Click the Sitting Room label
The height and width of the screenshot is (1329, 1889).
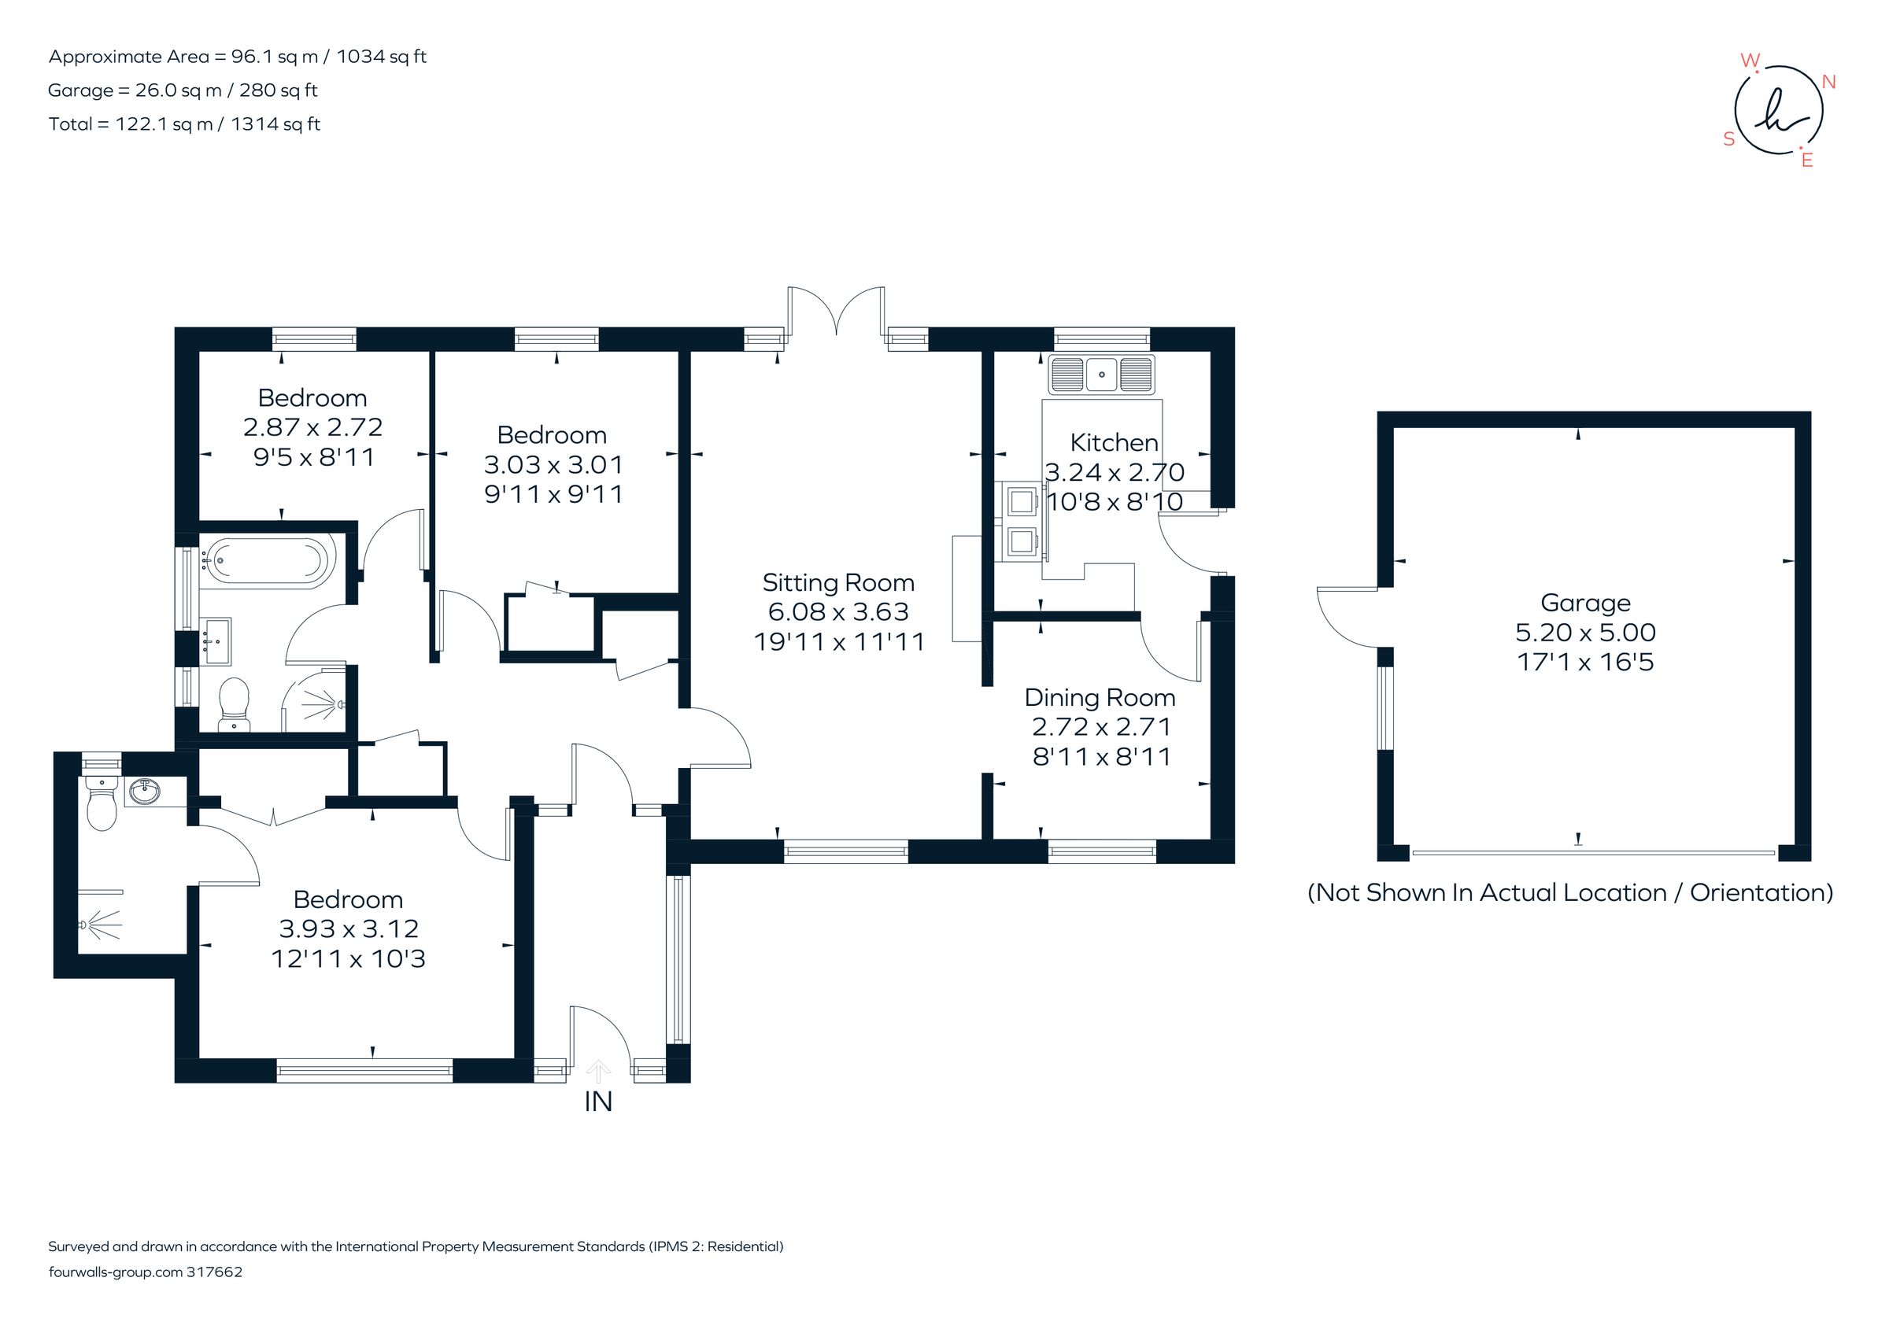point(837,582)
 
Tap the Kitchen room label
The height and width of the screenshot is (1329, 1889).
point(1113,442)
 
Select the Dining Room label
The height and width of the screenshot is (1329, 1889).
point(1100,697)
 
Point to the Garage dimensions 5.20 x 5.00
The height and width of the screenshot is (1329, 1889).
point(1584,633)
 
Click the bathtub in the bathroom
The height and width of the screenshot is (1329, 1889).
point(265,562)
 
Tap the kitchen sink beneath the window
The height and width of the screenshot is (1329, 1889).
point(1101,375)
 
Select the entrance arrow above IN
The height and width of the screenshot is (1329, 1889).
point(598,1071)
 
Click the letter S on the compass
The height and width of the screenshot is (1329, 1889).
point(1728,140)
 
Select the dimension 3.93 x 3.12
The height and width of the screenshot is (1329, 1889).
point(349,928)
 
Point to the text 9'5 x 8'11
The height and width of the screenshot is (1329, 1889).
point(313,457)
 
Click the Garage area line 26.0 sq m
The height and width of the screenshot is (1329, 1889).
point(183,90)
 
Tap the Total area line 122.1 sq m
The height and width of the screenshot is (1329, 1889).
point(184,124)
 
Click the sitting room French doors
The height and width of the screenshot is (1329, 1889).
point(836,312)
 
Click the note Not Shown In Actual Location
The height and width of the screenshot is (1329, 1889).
point(1569,892)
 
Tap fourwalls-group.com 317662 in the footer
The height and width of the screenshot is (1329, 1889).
point(146,1272)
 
